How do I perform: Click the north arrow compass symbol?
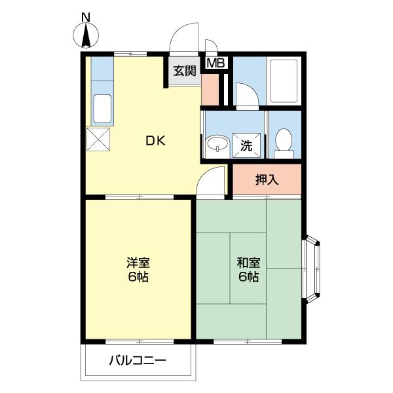(86, 35)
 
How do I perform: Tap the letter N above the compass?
(86, 16)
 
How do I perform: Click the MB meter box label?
(215, 64)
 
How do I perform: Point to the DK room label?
(155, 140)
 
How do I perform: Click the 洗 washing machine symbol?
(247, 145)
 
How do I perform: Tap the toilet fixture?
(284, 141)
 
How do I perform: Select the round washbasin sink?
(215, 145)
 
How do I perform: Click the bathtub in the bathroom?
(284, 81)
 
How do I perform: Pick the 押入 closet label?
(267, 179)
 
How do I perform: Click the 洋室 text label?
(138, 263)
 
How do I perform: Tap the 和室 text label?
(248, 263)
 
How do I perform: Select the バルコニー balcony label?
(138, 360)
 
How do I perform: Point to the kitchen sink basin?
(102, 109)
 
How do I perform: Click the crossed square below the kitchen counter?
(99, 139)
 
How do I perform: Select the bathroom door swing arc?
(246, 95)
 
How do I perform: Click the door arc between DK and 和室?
(212, 180)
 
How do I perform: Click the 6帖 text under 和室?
(248, 277)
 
